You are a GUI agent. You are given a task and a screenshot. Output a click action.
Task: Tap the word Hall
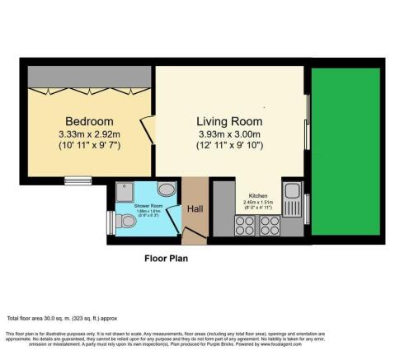click(196, 209)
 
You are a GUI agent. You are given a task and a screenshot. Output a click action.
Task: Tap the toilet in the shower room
click(126, 222)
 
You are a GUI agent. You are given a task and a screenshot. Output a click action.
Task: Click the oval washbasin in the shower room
click(164, 188)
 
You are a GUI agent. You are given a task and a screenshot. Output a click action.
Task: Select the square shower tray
click(125, 189)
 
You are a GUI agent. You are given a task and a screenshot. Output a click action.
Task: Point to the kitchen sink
click(291, 196)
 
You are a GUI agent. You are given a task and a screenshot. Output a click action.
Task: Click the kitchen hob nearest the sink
click(269, 227)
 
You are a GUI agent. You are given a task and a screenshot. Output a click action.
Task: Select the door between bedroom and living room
click(148, 128)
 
